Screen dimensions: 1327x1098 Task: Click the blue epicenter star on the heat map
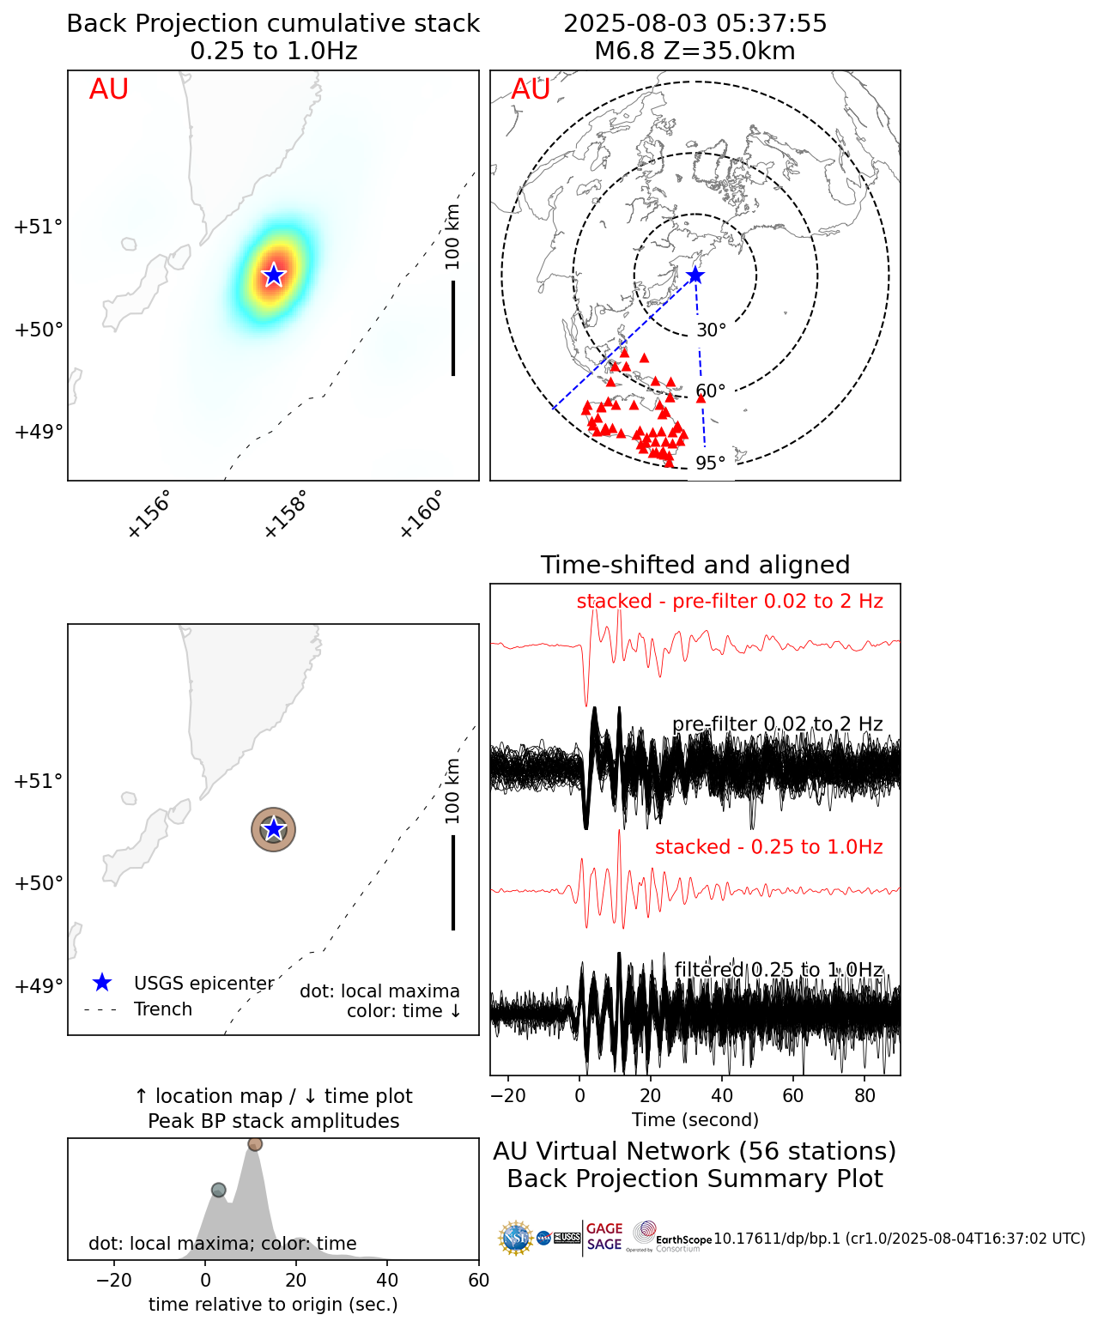click(x=273, y=275)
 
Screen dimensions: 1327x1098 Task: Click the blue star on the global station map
click(x=695, y=276)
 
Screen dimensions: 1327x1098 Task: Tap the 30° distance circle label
click(x=711, y=330)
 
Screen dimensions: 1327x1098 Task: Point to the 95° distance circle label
click(x=711, y=464)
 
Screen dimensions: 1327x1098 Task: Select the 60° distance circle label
click(x=711, y=391)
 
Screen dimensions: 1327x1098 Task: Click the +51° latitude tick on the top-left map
click(x=39, y=227)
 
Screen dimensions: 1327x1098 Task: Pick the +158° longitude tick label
click(x=285, y=514)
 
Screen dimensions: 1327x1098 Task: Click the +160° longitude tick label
click(x=422, y=514)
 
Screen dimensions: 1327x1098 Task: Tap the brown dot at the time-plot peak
click(x=255, y=1144)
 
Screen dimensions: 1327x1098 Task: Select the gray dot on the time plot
click(x=218, y=1190)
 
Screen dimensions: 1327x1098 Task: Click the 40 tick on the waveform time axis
click(x=722, y=1095)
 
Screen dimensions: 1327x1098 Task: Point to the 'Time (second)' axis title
click(x=695, y=1119)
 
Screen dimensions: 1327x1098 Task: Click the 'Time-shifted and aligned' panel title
click(x=695, y=565)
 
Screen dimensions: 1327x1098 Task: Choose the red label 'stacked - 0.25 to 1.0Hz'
click(x=768, y=847)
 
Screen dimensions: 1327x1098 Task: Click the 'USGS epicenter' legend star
click(x=102, y=983)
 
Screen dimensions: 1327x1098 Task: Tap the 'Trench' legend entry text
click(x=163, y=1009)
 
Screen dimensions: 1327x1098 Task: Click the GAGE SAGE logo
click(x=604, y=1237)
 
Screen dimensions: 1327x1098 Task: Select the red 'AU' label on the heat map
click(x=109, y=89)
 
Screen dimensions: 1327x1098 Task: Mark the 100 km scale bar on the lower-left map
click(x=453, y=882)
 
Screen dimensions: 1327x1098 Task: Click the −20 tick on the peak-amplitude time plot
click(x=113, y=1281)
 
